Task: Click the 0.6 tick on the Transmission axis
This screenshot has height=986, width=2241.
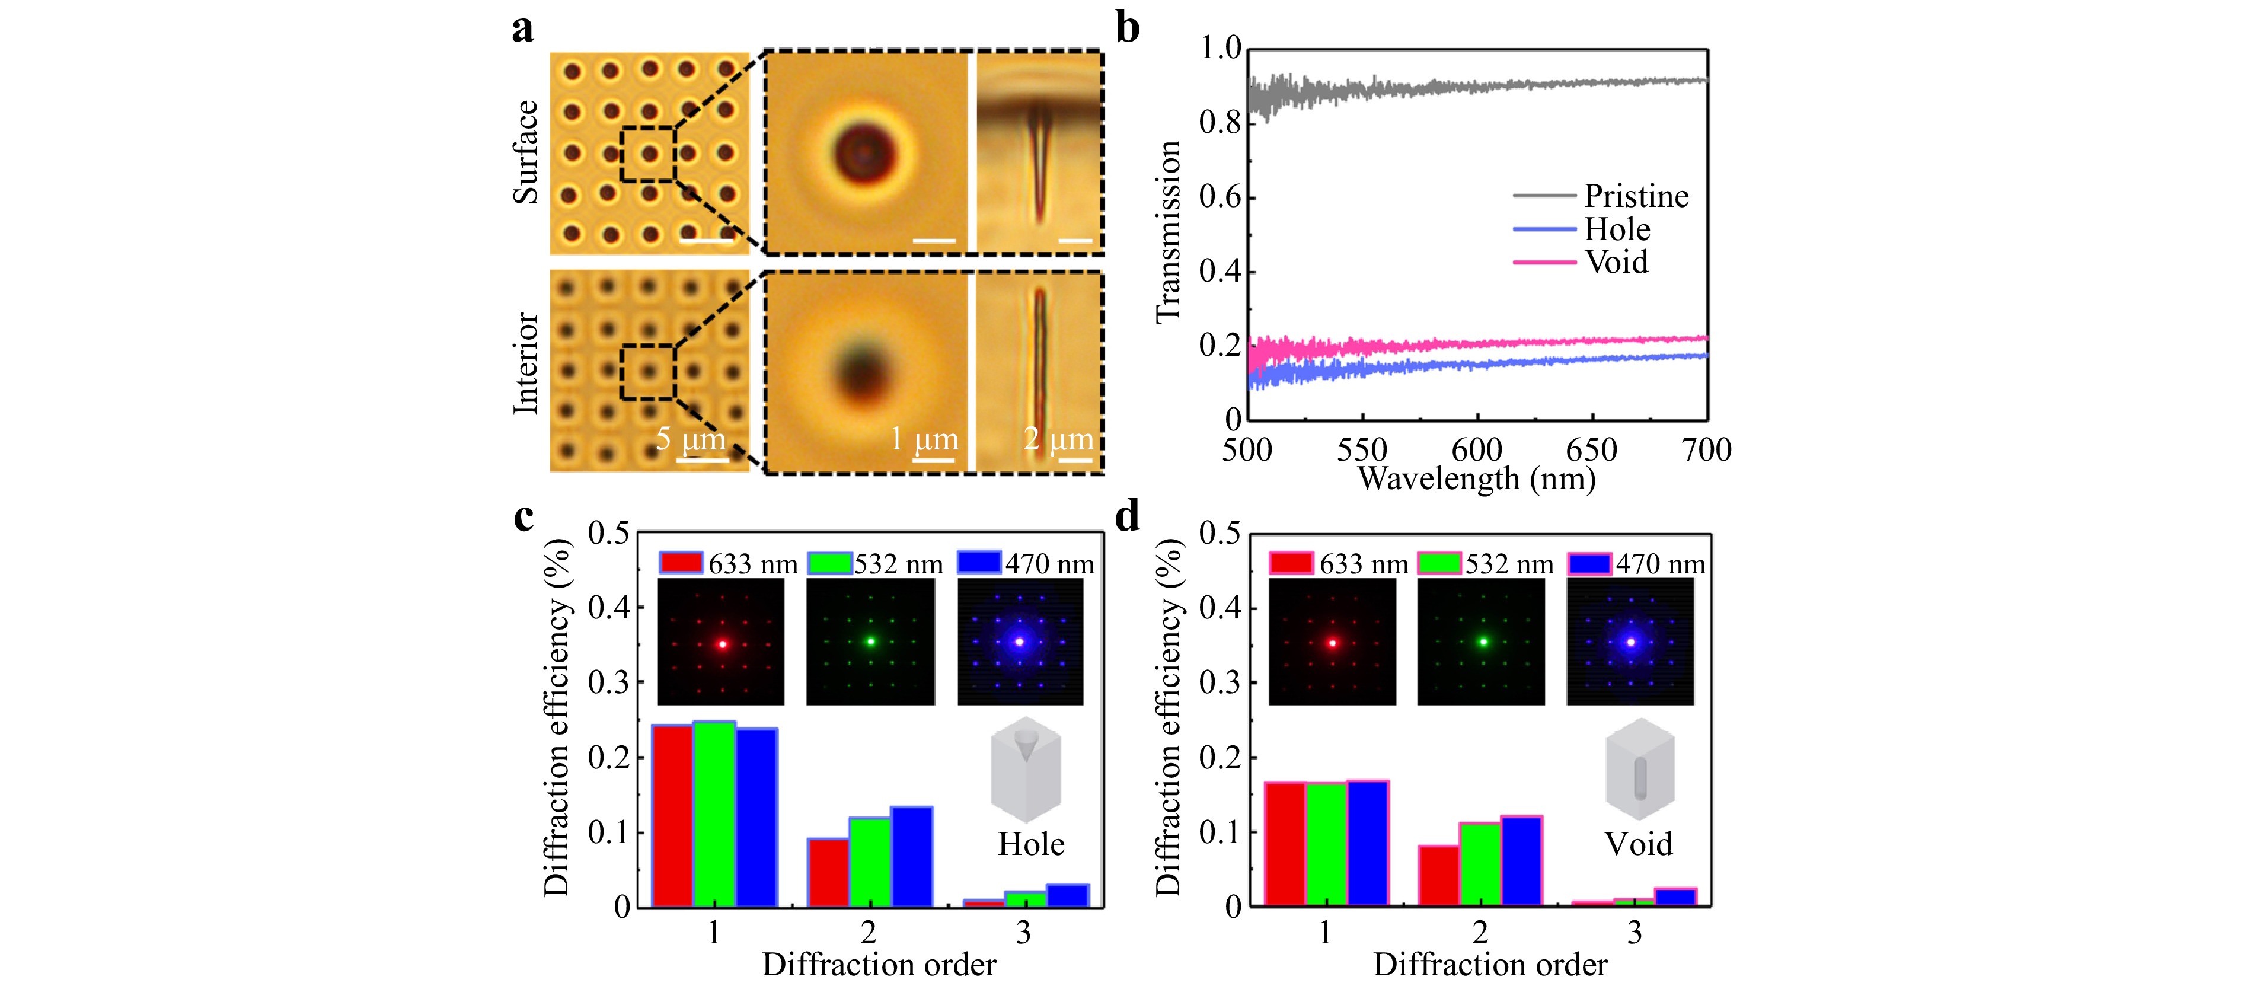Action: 1221,197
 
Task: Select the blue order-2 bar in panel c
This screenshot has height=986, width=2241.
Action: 912,857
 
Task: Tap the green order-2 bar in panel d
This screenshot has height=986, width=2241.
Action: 1480,864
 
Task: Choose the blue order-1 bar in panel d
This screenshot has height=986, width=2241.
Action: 1368,843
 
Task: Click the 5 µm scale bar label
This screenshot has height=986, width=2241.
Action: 691,439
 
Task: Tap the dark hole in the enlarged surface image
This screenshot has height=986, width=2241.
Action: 864,153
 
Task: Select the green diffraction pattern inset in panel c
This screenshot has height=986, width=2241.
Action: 870,642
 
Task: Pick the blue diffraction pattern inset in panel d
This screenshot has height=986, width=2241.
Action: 1630,642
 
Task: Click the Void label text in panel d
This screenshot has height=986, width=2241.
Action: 1638,844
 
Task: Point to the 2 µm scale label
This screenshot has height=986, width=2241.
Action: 1058,439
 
